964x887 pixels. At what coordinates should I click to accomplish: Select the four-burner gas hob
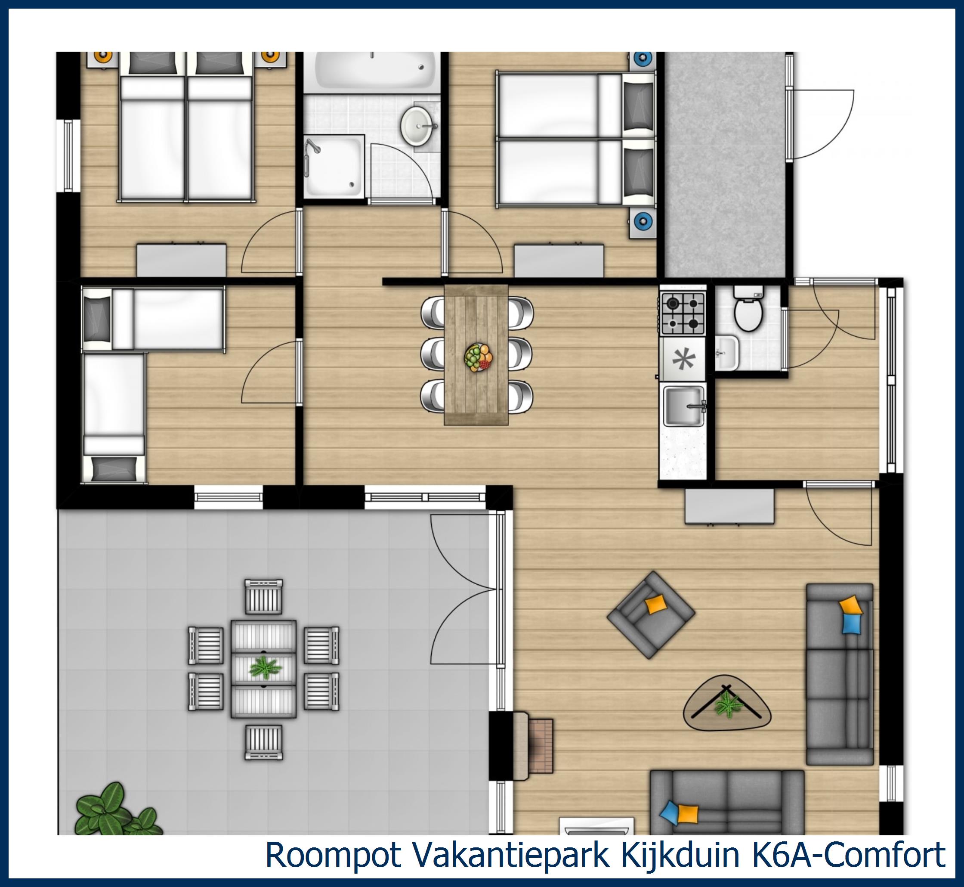pyautogui.click(x=683, y=313)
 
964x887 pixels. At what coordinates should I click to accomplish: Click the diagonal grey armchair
pyautogui.click(x=650, y=614)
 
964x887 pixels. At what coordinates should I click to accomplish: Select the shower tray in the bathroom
pyautogui.click(x=334, y=166)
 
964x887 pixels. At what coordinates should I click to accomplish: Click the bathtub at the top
pyautogui.click(x=372, y=72)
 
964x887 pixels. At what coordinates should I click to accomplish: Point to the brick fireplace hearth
pyautogui.click(x=541, y=745)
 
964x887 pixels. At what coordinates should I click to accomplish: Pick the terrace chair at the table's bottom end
pyautogui.click(x=263, y=742)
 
